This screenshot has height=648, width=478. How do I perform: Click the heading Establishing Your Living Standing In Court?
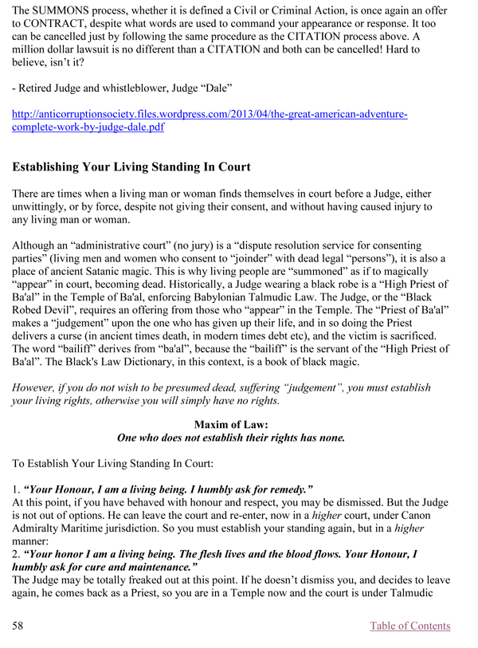pos(131,167)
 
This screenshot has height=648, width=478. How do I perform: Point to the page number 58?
pos(18,626)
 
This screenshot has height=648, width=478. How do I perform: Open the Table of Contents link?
pos(410,626)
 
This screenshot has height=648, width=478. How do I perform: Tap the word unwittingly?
pos(47,207)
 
